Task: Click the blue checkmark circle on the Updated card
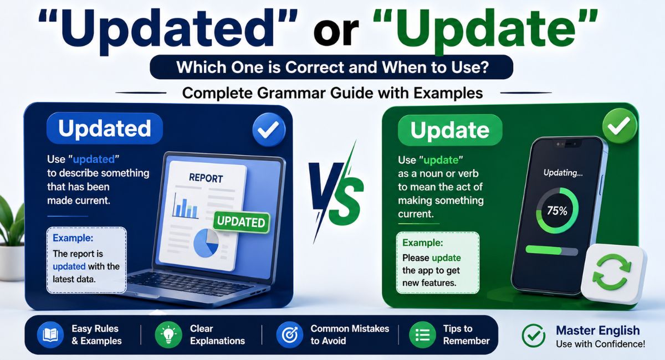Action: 269,130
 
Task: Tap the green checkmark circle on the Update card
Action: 620,126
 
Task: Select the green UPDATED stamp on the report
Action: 242,222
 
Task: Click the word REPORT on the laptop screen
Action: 206,178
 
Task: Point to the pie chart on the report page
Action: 206,243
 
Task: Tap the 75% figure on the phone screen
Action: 557,210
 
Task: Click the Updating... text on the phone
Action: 563,173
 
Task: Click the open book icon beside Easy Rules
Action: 50,335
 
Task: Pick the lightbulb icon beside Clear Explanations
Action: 168,335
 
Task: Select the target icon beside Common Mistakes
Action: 290,335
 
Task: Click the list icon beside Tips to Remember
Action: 422,335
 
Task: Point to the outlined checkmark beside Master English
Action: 534,336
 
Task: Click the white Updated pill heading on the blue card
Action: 105,128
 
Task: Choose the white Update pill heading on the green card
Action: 450,130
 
